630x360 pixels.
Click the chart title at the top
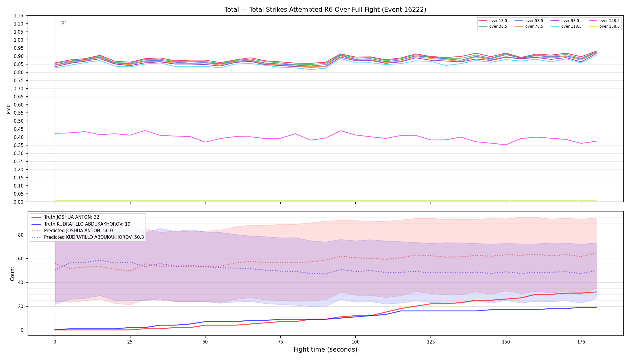coord(325,10)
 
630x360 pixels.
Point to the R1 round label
coord(64,23)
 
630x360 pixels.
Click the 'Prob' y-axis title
coord(9,109)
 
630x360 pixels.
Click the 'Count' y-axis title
coord(12,274)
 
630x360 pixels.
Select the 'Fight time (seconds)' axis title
coord(325,349)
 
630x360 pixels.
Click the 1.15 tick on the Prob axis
coord(19,16)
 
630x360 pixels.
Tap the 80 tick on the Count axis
coord(20,235)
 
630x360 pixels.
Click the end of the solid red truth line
coord(596,292)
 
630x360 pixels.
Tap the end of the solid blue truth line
coord(596,307)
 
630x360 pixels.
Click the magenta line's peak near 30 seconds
coord(145,130)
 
